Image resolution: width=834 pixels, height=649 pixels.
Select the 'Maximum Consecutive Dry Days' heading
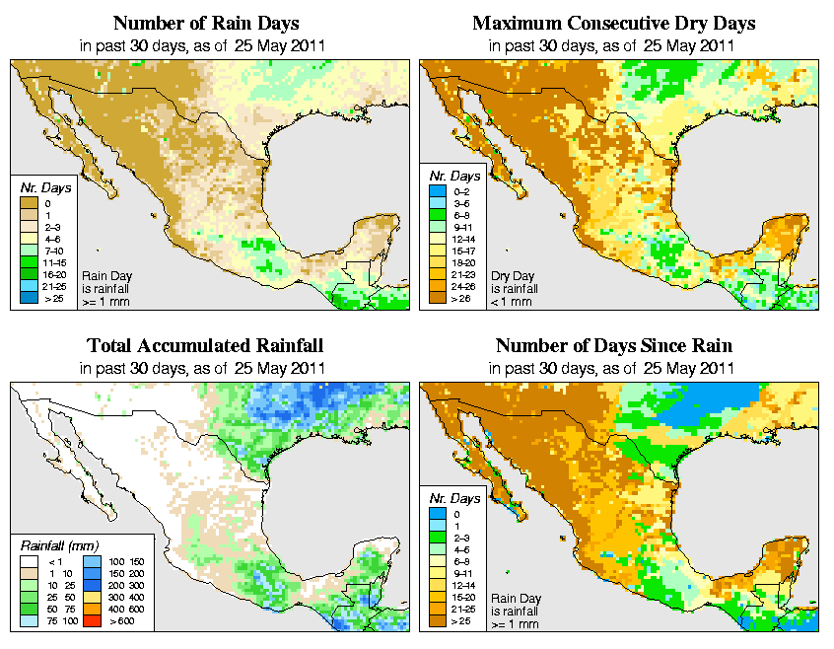[613, 23]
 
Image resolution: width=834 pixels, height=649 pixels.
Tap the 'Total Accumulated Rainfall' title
[204, 346]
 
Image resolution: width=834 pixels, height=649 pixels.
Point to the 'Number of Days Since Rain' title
[613, 346]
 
